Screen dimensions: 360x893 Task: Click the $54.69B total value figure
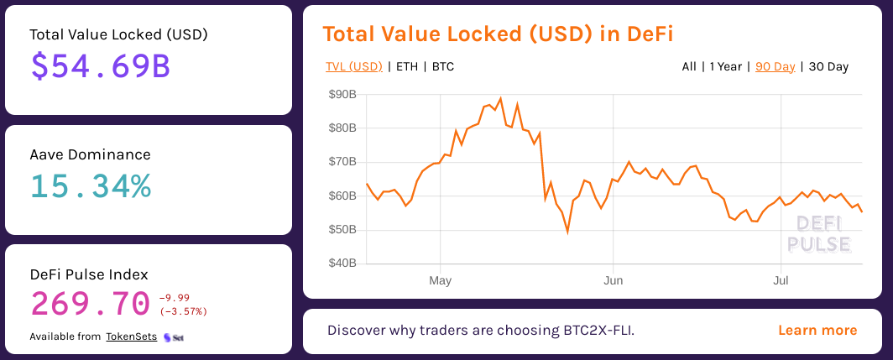pos(101,66)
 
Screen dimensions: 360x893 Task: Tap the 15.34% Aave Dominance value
pos(91,186)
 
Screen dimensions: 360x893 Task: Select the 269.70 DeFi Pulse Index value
pos(90,303)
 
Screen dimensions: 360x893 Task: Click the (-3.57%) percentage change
pos(182,311)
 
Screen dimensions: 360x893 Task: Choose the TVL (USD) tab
pos(353,66)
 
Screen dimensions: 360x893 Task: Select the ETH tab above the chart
pos(406,66)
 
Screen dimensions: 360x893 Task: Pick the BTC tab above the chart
pos(442,66)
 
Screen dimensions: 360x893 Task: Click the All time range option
pos(689,66)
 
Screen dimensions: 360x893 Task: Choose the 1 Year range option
pos(725,66)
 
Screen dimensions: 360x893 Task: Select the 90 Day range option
pos(775,66)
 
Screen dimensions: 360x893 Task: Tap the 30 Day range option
pos(828,66)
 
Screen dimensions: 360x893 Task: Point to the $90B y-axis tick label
pos(342,94)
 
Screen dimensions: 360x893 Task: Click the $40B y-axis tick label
pos(342,263)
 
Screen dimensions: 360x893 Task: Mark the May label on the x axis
pos(440,280)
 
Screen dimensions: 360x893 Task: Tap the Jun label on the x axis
pos(613,280)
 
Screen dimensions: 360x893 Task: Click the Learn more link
pos(817,330)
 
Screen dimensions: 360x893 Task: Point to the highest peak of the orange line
pos(500,99)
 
